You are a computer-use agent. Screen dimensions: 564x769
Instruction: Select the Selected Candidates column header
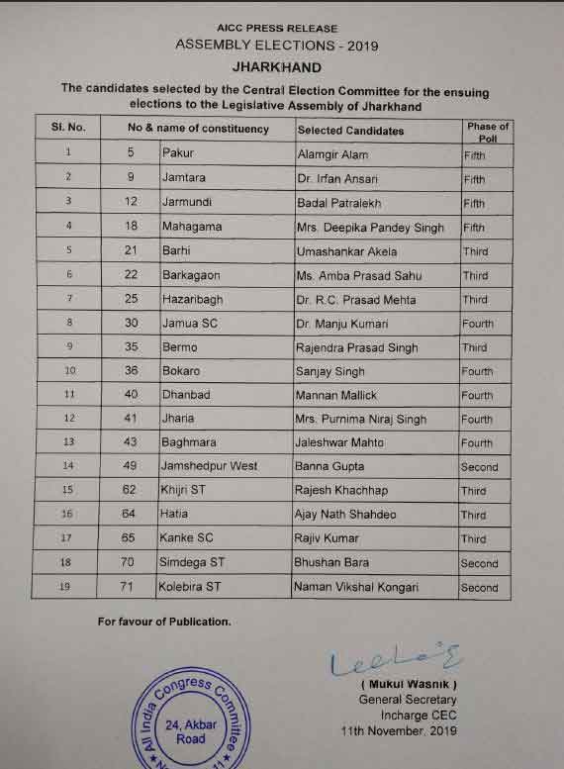pos(350,130)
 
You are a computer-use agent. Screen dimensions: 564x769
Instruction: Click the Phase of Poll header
pos(487,132)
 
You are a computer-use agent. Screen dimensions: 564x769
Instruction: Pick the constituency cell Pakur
pos(179,153)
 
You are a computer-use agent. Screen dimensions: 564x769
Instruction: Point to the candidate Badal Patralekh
pos(340,203)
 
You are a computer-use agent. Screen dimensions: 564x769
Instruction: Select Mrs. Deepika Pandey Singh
pos(370,228)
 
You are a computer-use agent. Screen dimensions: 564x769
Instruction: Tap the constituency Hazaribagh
pos(192,300)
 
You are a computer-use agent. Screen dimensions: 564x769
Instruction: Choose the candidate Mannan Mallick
pos(337,395)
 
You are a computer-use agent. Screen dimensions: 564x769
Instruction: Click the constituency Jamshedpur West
pos(209,466)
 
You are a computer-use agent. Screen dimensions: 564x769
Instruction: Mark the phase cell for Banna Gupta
pos(480,466)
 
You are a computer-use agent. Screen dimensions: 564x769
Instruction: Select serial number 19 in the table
pos(68,587)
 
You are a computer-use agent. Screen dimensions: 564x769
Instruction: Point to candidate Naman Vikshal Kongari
pos(355,587)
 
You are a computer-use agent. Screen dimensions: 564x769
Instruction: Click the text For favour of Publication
pos(163,622)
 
